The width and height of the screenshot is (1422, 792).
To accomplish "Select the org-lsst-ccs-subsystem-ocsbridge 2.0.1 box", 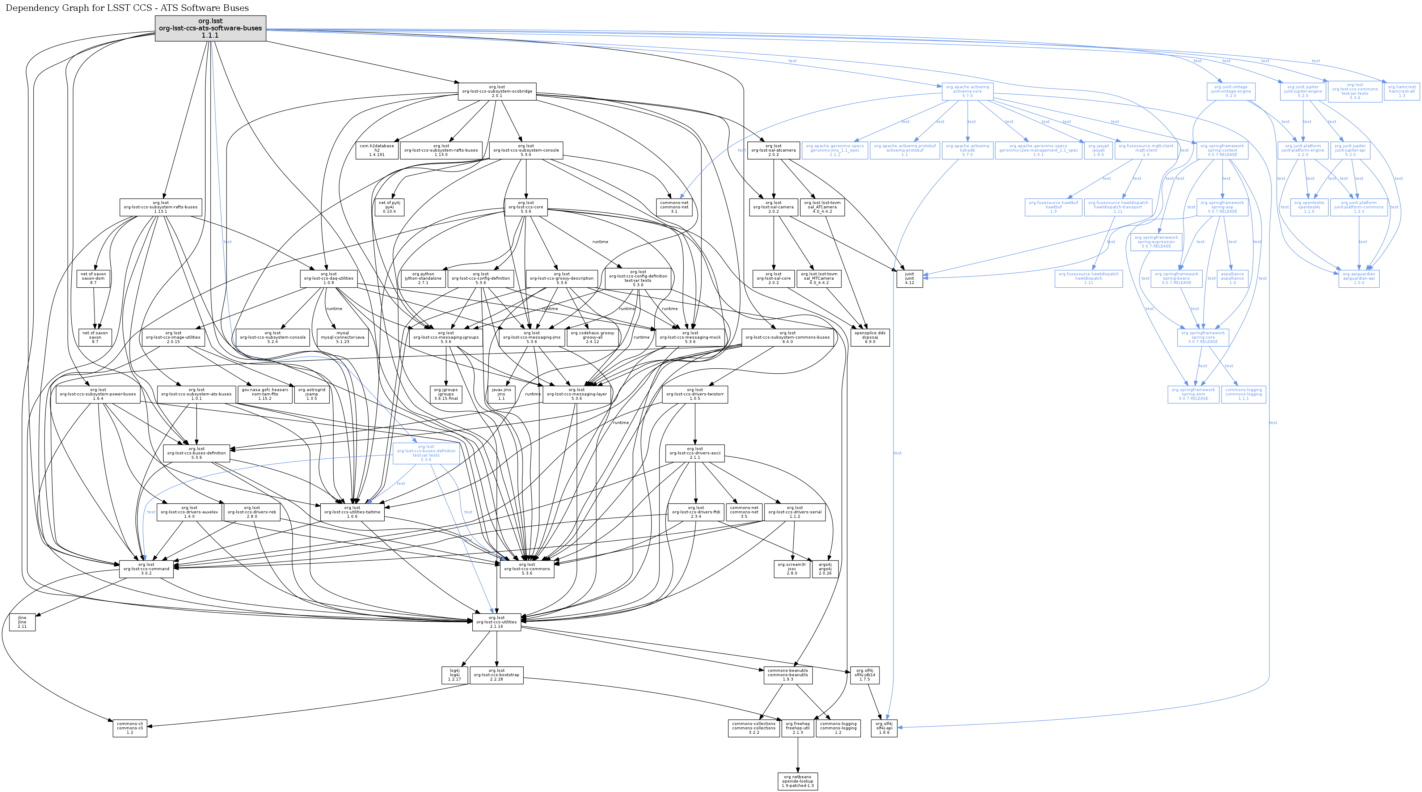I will tap(497, 91).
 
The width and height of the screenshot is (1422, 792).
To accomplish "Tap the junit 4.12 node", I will tap(909, 279).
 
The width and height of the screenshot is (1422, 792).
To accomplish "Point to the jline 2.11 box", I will tap(22, 622).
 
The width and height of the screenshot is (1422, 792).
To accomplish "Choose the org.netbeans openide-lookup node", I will tap(798, 781).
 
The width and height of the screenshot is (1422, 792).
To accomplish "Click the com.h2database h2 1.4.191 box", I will tap(377, 150).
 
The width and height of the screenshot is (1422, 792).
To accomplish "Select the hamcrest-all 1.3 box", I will tap(1402, 91).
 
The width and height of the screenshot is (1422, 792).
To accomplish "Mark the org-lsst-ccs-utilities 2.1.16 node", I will tap(497, 622).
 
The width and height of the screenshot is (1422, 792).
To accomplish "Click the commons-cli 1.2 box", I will tap(130, 728).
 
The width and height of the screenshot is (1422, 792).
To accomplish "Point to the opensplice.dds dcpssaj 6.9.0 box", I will tap(870, 337).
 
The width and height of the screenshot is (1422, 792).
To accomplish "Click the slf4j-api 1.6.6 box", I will tap(884, 728).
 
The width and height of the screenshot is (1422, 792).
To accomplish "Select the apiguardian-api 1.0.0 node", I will tap(1359, 279).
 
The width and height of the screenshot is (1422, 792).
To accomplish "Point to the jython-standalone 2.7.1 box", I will tap(423, 279).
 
